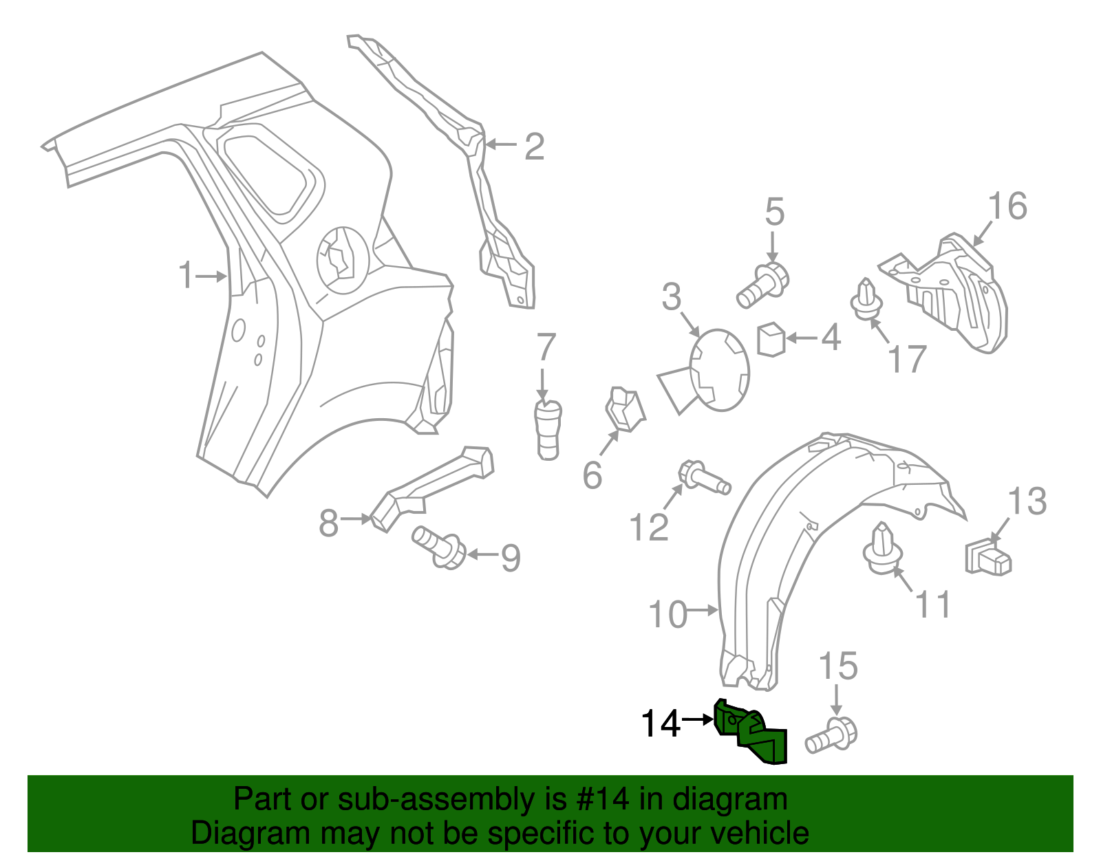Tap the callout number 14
tap(660, 724)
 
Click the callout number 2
tap(534, 146)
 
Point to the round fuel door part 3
tap(720, 370)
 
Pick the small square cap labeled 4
tap(771, 339)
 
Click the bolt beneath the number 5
tap(763, 285)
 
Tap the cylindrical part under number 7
tap(548, 430)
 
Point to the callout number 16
tap(1007, 206)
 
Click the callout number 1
tap(185, 275)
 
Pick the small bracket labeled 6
tap(624, 410)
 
